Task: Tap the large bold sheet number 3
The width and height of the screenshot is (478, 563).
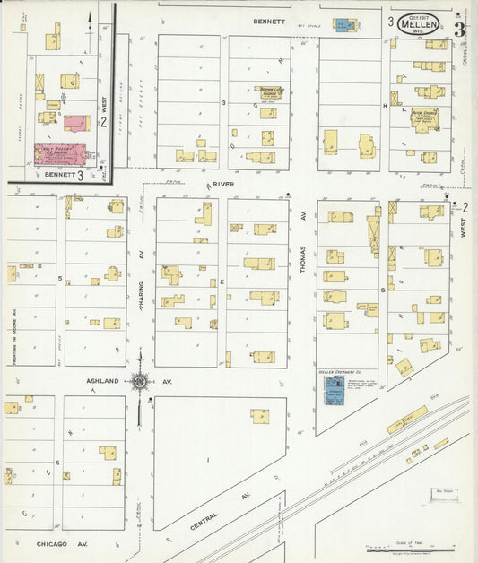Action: point(459,29)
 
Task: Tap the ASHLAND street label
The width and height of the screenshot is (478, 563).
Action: point(102,381)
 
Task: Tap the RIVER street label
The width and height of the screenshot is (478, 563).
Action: point(222,186)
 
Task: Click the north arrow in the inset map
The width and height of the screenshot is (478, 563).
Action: point(90,15)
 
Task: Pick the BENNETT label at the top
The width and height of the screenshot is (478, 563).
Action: point(268,21)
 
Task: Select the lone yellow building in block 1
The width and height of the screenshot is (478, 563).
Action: point(260,416)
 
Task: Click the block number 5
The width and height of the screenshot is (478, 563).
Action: point(60,279)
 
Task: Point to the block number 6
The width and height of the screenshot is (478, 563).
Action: point(58,463)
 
